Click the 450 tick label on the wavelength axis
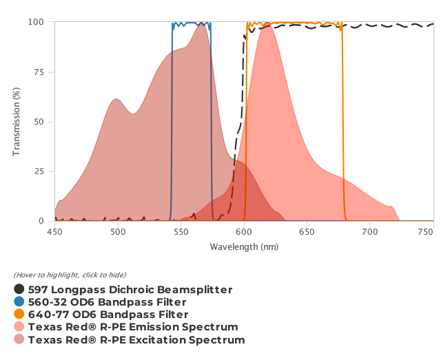(x=54, y=233)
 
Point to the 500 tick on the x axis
(x=118, y=233)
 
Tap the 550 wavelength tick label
(x=181, y=233)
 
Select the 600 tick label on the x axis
(x=244, y=233)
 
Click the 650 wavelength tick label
(x=307, y=233)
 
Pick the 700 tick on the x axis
(x=370, y=233)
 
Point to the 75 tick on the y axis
(x=41, y=72)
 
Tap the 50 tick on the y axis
(x=41, y=122)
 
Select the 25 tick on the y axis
(x=41, y=171)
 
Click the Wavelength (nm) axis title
(x=244, y=246)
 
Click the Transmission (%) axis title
(x=17, y=121)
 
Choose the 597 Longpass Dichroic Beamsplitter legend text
(x=130, y=290)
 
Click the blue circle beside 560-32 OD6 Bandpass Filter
(x=19, y=302)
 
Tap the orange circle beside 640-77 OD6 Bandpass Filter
(x=19, y=315)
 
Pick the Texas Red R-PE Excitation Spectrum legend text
(x=136, y=339)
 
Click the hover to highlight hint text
(x=70, y=275)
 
